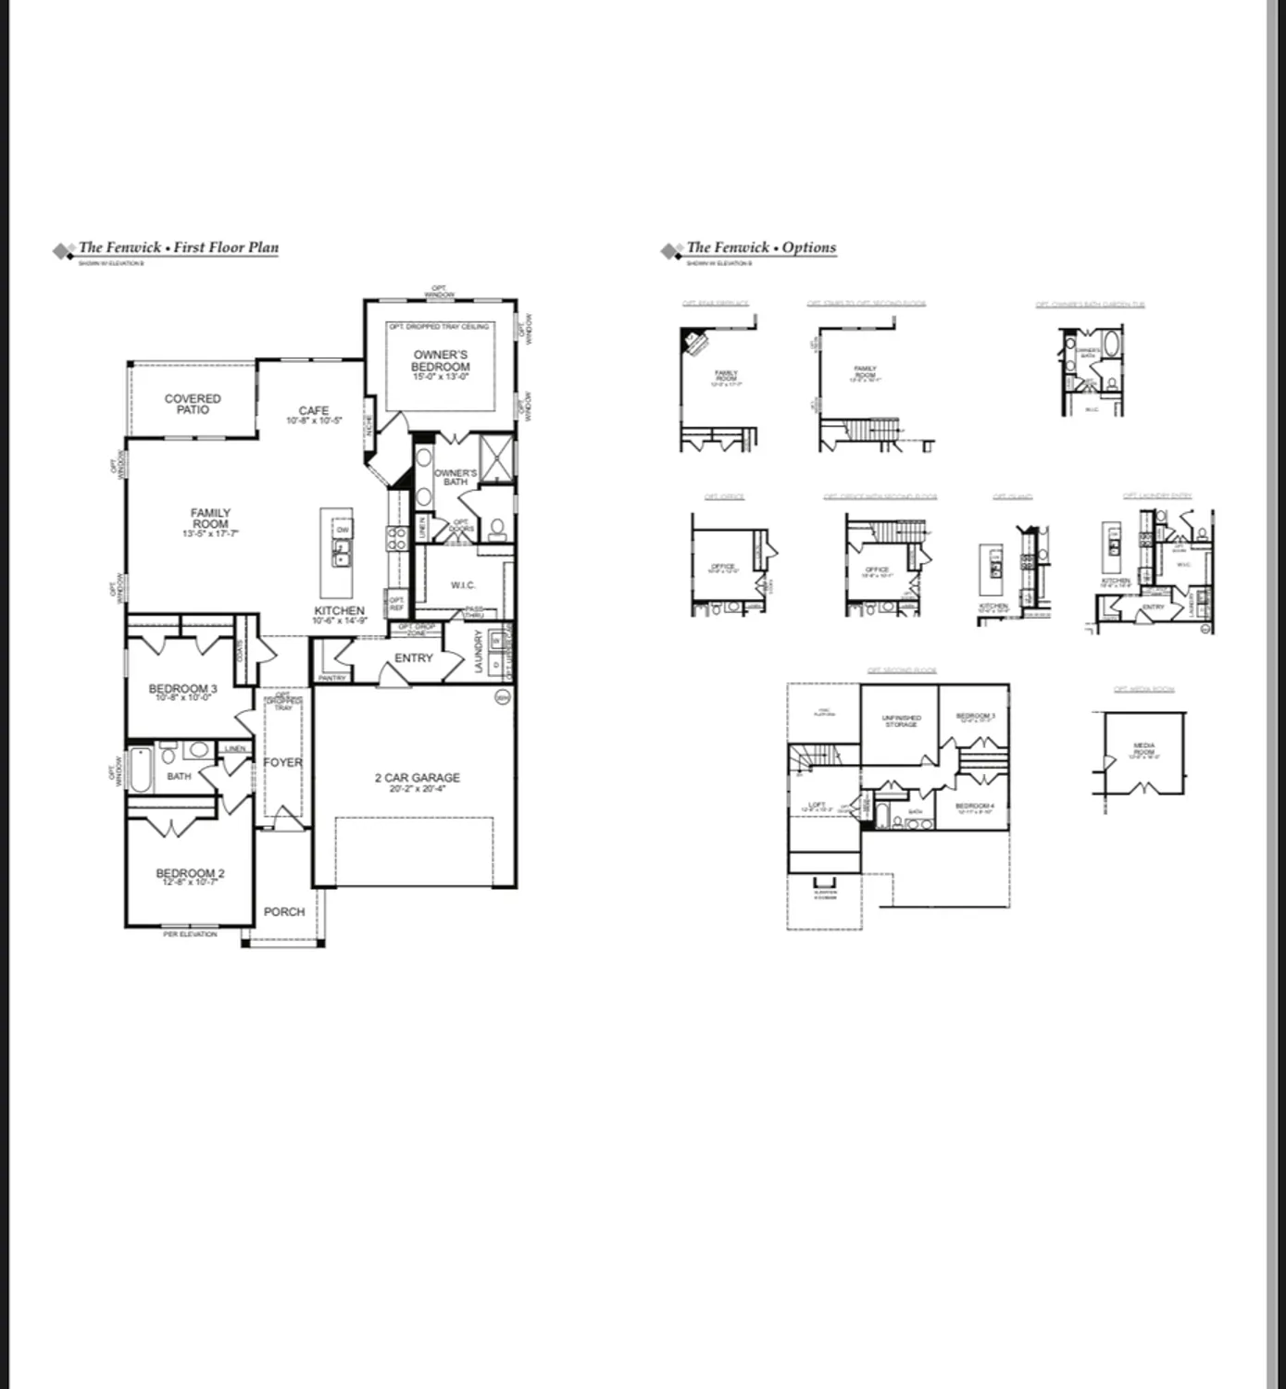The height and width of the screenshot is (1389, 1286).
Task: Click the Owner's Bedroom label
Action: [x=441, y=361]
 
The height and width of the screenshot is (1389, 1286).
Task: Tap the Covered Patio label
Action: [x=193, y=404]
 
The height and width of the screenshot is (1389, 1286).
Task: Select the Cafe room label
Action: [x=314, y=411]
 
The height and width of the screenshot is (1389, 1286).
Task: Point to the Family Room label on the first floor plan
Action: [x=210, y=519]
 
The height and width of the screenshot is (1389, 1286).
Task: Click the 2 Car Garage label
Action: [x=417, y=778]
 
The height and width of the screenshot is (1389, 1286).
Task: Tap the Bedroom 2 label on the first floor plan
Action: [x=190, y=873]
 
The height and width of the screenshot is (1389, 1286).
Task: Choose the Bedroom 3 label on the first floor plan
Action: [x=182, y=689]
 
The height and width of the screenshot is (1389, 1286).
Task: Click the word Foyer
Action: [x=282, y=762]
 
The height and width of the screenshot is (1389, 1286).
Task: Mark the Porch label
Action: [x=283, y=911]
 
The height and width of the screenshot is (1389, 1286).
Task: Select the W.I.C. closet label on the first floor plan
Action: [x=463, y=585]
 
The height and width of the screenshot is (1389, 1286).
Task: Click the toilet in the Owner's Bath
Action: [x=497, y=529]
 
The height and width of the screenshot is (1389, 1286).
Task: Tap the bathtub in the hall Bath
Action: [x=141, y=770]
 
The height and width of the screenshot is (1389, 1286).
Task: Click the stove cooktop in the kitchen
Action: [x=396, y=539]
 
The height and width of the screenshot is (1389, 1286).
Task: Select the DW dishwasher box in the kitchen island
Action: [x=342, y=530]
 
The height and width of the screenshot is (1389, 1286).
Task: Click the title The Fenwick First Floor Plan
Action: [x=178, y=247]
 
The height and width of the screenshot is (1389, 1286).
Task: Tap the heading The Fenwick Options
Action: [x=760, y=247]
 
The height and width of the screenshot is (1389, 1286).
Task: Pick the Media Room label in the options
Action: [x=1144, y=749]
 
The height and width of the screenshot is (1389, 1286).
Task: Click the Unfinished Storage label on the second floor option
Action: [x=900, y=720]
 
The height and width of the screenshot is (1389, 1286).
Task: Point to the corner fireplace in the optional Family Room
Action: [x=693, y=340]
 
